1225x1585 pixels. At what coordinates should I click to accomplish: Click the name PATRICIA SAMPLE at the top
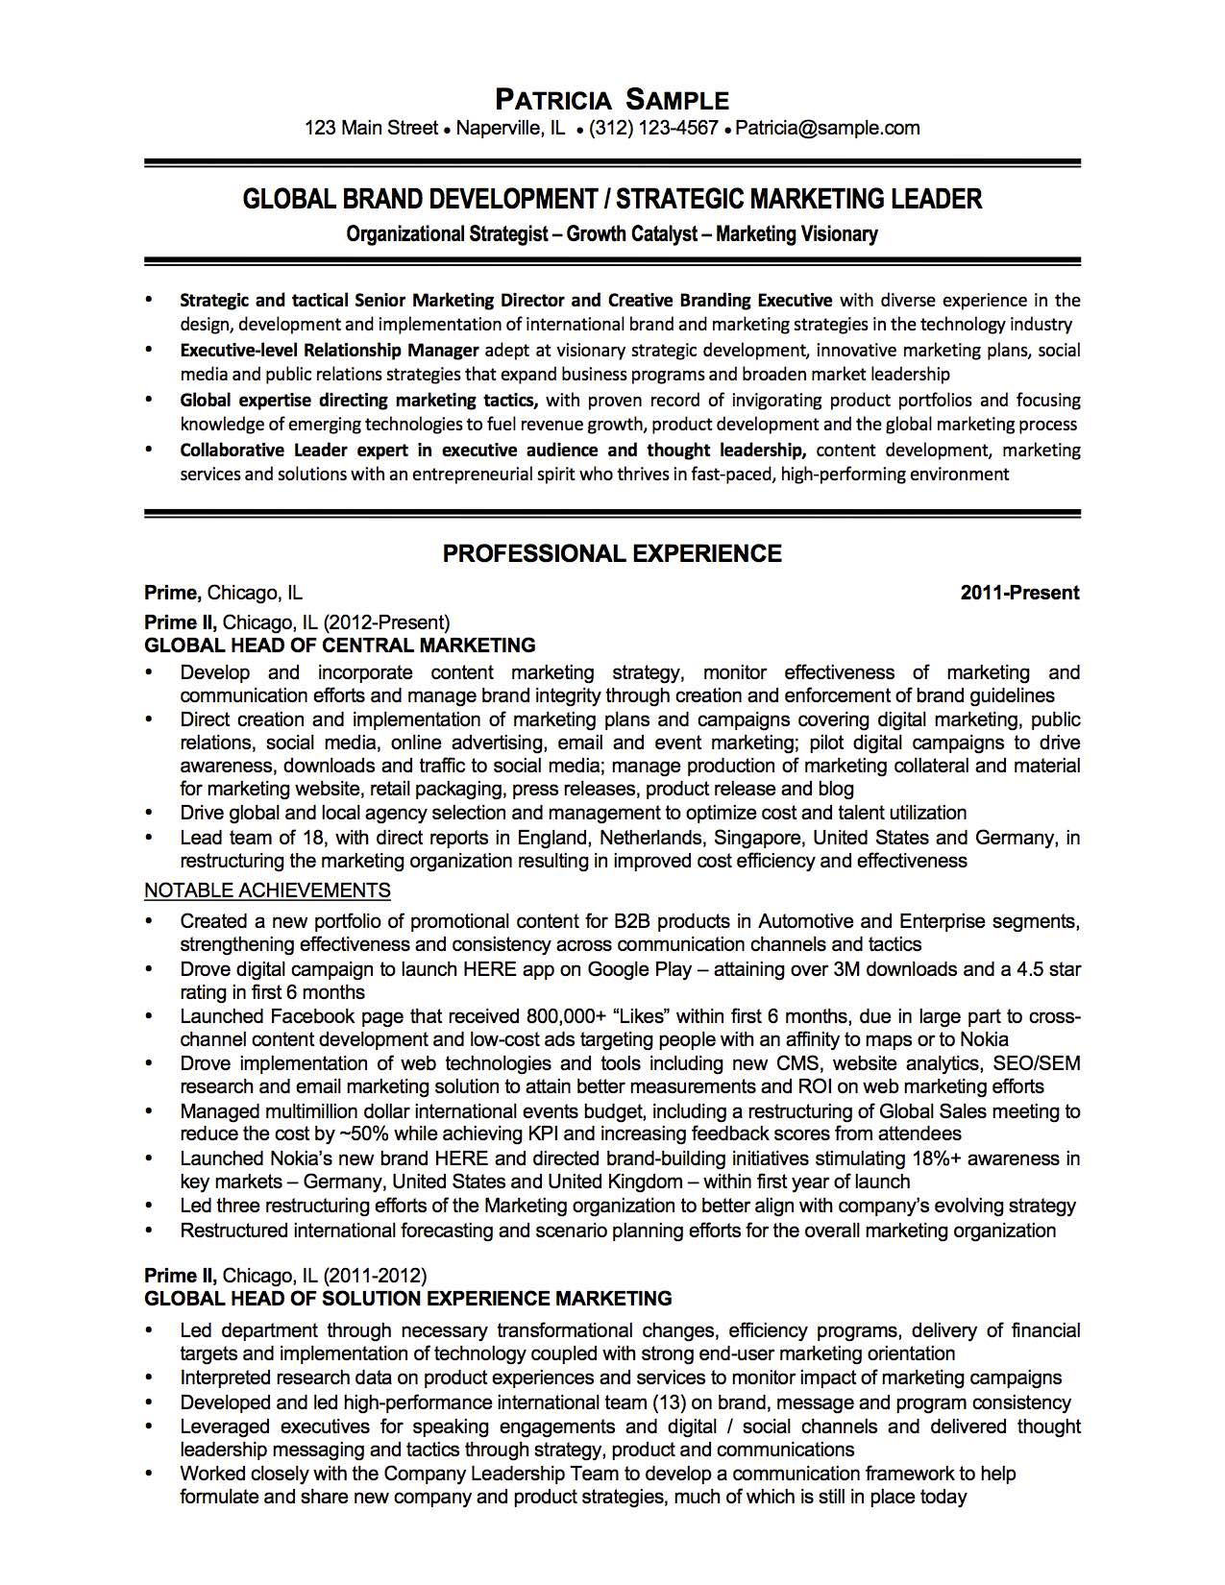(x=612, y=99)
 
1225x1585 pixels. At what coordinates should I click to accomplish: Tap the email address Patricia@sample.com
(x=827, y=128)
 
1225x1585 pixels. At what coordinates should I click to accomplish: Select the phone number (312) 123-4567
(x=653, y=128)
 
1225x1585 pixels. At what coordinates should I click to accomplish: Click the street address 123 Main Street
(x=371, y=128)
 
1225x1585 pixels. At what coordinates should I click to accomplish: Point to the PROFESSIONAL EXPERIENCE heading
(x=612, y=553)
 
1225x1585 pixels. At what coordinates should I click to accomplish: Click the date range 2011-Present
(x=1019, y=593)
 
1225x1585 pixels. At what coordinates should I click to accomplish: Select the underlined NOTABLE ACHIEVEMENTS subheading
(x=267, y=890)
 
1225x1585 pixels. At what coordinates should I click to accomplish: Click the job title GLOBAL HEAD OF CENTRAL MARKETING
(x=339, y=646)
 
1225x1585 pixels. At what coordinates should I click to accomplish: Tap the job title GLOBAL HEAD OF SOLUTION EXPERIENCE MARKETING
(x=407, y=1299)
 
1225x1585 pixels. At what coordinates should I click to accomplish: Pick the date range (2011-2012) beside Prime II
(x=375, y=1276)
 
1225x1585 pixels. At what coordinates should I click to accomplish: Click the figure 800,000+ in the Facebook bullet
(x=566, y=1016)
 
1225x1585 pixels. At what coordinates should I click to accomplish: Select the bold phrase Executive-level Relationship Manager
(x=329, y=351)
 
